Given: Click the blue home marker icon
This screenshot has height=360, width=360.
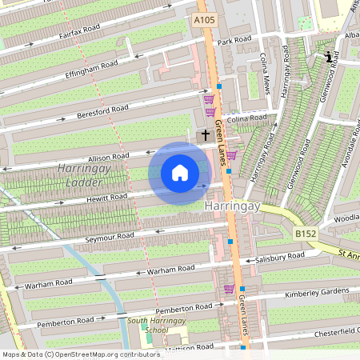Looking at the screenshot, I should click(180, 174).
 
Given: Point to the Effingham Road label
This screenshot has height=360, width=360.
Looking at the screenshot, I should click(91, 70).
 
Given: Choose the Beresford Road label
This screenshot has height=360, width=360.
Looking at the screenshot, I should click(103, 109).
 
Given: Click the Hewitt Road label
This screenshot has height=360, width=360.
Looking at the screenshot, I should click(107, 196).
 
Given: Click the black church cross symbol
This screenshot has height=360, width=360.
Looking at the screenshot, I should click(205, 135).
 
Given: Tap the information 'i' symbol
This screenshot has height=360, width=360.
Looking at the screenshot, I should click(328, 57).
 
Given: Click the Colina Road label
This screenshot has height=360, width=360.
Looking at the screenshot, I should click(246, 118).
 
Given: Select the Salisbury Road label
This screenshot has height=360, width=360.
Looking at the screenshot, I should click(279, 256).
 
